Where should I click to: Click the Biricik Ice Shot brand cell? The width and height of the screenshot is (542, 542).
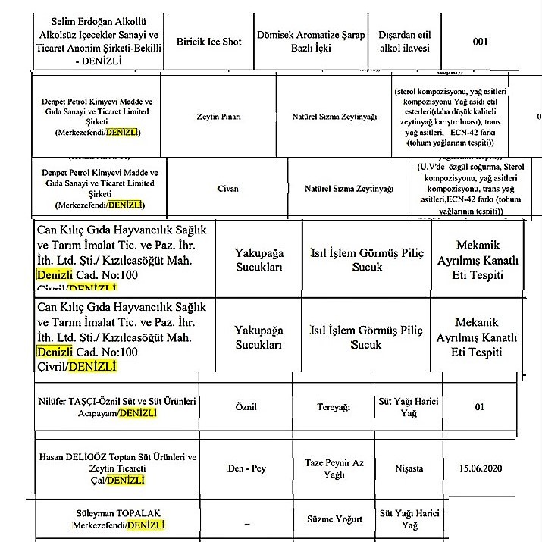click(208, 42)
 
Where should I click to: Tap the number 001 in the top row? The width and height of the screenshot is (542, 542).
click(480, 42)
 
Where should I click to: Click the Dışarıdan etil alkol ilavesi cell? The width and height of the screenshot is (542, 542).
click(405, 42)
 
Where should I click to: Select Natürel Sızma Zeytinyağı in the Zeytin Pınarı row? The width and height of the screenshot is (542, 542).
click(334, 117)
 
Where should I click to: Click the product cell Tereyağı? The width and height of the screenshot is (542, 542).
click(333, 407)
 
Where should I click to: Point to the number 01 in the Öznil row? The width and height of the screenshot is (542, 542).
click(479, 407)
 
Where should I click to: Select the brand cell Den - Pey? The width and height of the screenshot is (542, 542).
click(246, 468)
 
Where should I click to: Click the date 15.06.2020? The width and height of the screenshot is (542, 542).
click(479, 468)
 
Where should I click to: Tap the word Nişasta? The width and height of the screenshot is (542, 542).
click(409, 468)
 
